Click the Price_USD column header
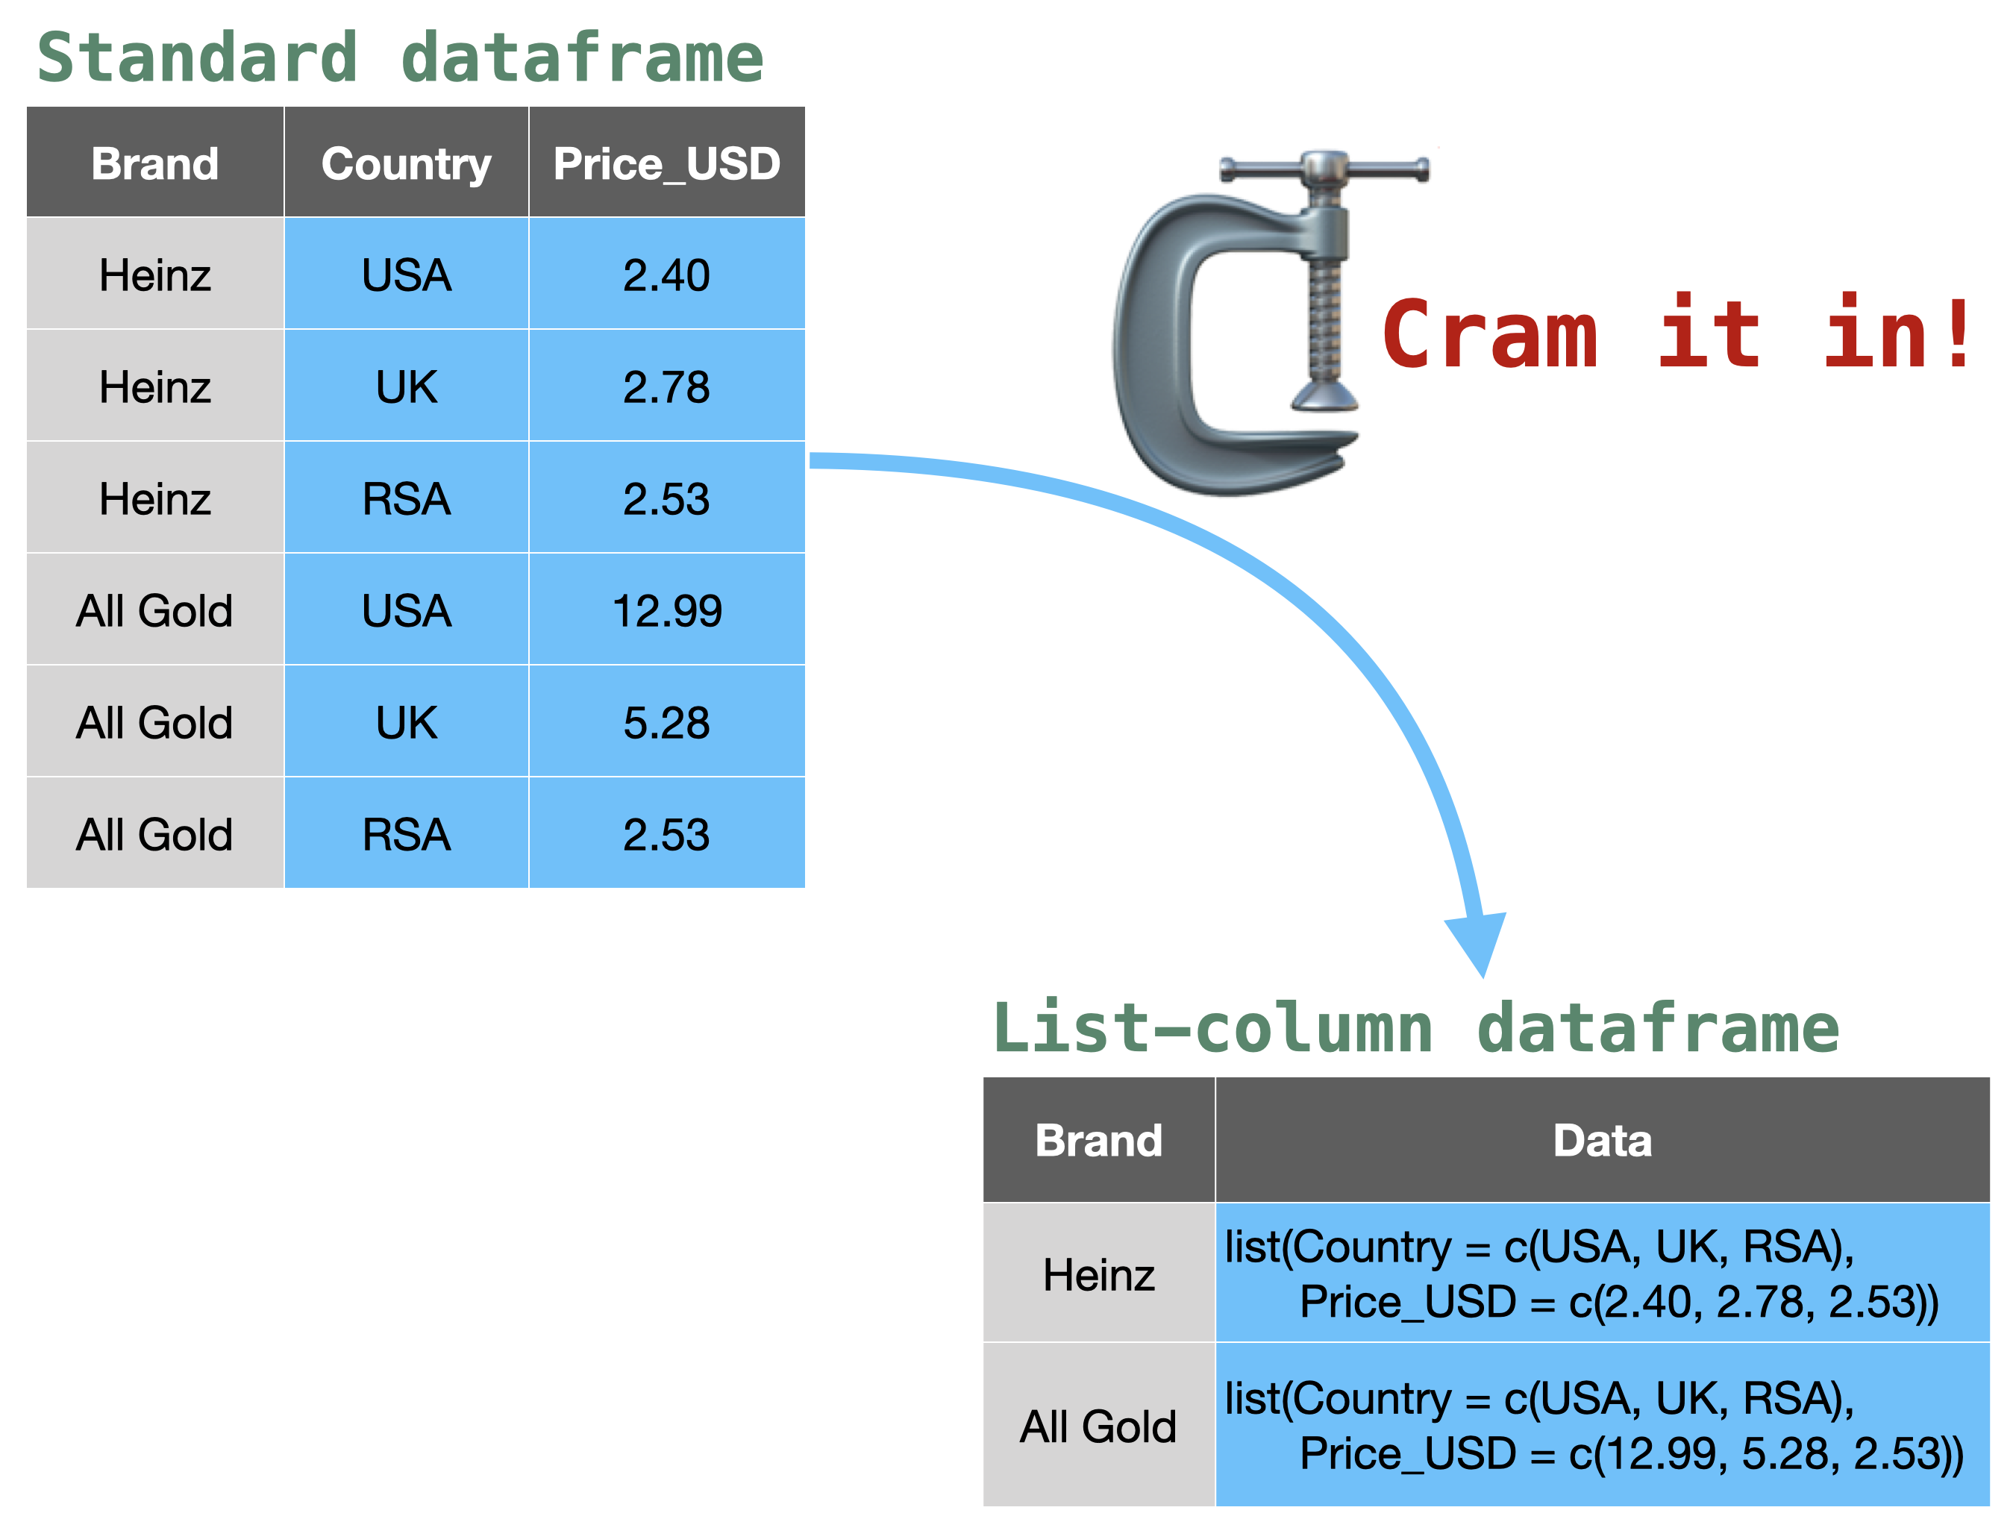(x=667, y=163)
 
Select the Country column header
(x=407, y=163)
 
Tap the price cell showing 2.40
(x=667, y=274)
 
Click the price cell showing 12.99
(x=667, y=610)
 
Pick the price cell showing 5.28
(x=667, y=721)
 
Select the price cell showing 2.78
(x=667, y=386)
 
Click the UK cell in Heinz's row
(x=407, y=386)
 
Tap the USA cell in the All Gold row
(x=407, y=610)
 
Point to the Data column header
(x=1603, y=1139)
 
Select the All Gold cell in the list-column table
(x=1098, y=1425)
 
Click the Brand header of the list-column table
(x=1098, y=1139)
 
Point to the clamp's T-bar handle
(x=1324, y=169)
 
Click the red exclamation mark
(x=1958, y=332)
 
